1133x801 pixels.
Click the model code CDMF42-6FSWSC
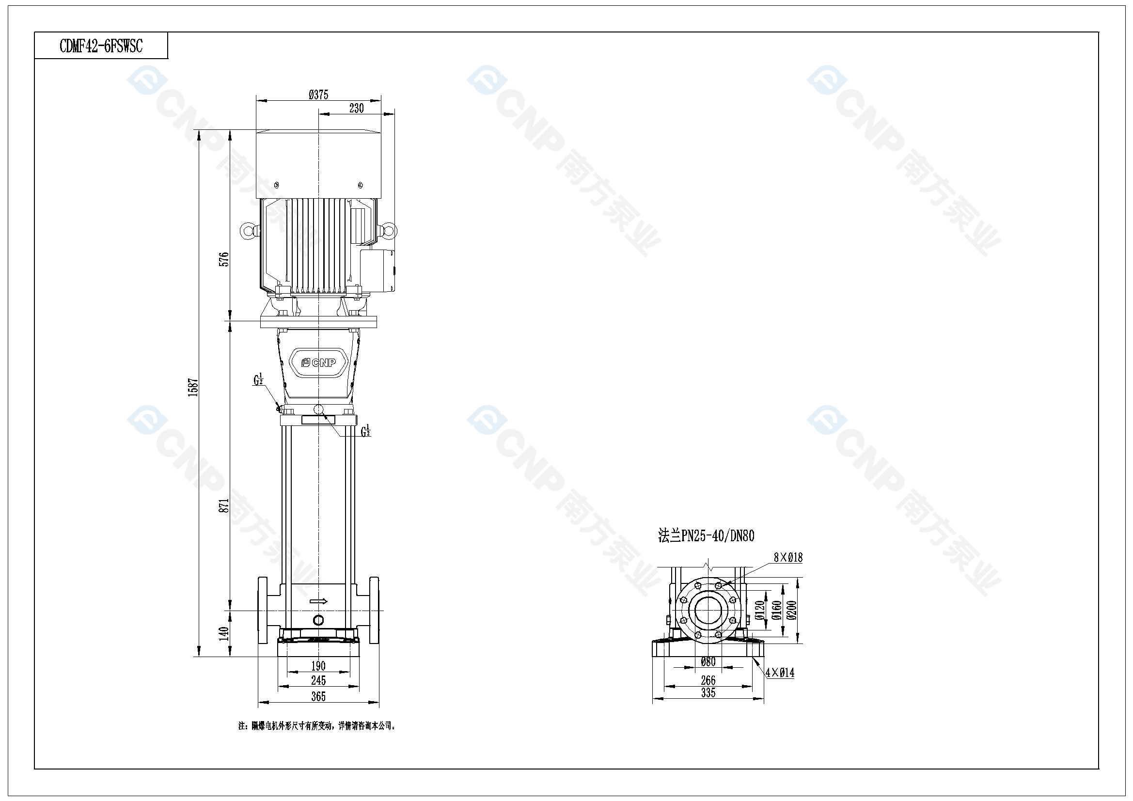pos(101,46)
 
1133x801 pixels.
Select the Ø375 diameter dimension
pos(318,94)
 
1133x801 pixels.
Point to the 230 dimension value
pos(356,108)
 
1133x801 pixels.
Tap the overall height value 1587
pos(193,388)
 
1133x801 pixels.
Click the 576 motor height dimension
pos(224,259)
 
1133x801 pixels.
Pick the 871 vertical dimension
pos(224,506)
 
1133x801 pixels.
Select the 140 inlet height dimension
pos(224,633)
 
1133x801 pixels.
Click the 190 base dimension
pos(318,666)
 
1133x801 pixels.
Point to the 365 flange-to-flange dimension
pos(318,696)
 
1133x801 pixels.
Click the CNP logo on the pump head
pos(319,362)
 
